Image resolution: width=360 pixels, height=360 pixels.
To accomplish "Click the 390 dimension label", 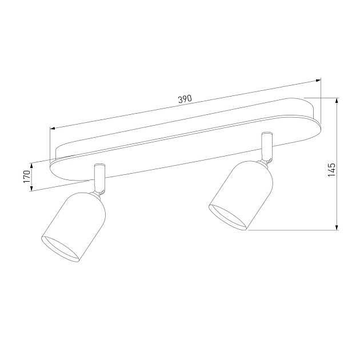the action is (185, 99).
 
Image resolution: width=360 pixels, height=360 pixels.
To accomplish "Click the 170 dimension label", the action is (27, 177).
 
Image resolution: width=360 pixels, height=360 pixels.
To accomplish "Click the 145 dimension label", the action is (331, 170).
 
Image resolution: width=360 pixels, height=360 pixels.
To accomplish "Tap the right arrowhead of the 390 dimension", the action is (318, 81).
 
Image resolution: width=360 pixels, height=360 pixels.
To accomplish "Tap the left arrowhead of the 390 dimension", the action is (53, 128).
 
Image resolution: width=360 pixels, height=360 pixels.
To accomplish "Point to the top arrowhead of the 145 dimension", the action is (337, 101).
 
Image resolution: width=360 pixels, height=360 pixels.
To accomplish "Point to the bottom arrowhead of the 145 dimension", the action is (337, 227).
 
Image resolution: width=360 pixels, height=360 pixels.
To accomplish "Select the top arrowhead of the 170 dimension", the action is (31, 166).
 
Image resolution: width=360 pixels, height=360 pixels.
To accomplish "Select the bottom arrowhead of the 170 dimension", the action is (31, 188).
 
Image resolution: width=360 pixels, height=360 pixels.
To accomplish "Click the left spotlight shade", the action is (74, 226).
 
